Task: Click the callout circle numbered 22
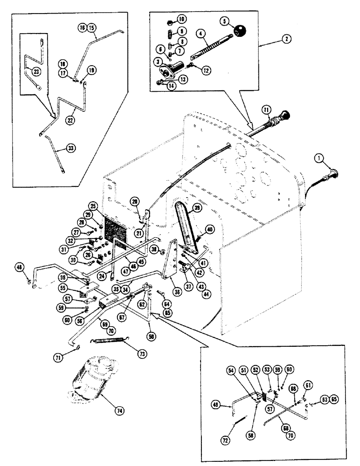click(x=70, y=120)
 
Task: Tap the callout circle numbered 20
click(x=135, y=201)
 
